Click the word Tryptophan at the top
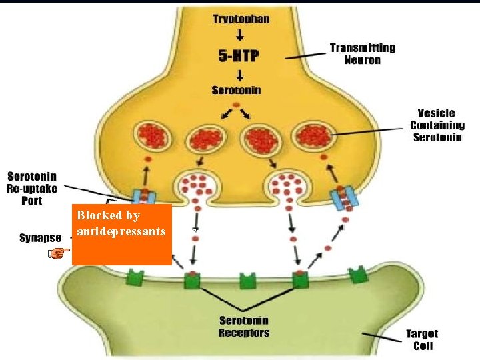pyautogui.click(x=241, y=19)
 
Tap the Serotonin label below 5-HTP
pyautogui.click(x=236, y=90)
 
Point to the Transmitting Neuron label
pyautogui.click(x=362, y=53)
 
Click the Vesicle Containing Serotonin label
pyautogui.click(x=437, y=125)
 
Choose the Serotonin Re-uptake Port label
pyautogui.click(x=32, y=189)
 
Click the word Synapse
pyautogui.click(x=40, y=238)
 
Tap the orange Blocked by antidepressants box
pyautogui.click(x=121, y=235)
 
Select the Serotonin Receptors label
pyautogui.click(x=244, y=327)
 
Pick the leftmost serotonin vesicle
pyautogui.click(x=154, y=138)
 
